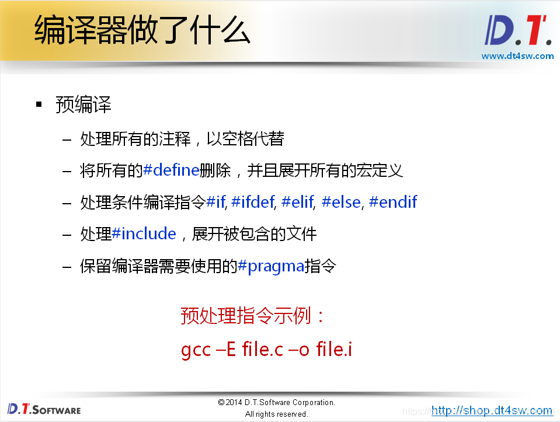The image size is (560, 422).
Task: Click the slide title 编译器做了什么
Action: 142,30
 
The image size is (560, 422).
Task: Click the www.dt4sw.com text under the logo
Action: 517,56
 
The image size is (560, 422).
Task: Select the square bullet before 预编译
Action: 39,104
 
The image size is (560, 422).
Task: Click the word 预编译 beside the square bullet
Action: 83,105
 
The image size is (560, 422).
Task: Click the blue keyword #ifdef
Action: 252,202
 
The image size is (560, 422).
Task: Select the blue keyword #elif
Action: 298,202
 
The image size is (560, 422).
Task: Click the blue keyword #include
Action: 144,233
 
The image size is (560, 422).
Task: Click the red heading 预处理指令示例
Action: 253,316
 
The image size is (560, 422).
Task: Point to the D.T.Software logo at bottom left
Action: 44,409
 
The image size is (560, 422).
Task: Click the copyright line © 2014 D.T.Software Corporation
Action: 276,402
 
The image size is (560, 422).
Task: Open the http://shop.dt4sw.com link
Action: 492,410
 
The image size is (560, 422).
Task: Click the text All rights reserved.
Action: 276,414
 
